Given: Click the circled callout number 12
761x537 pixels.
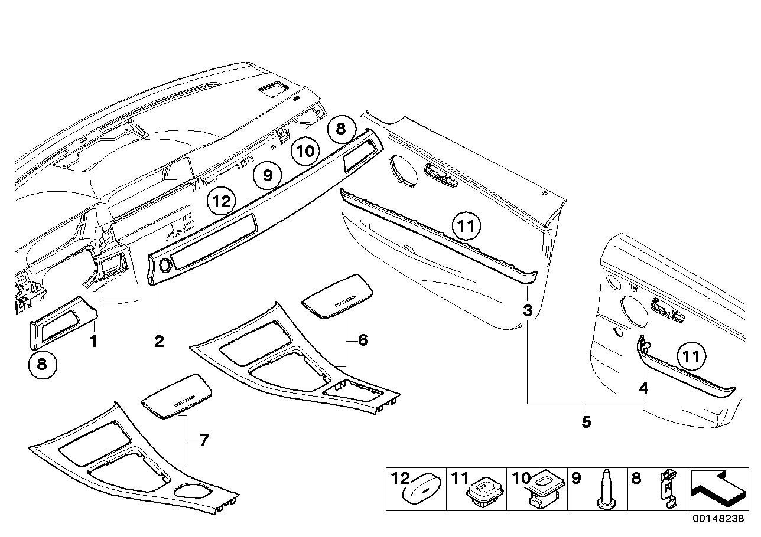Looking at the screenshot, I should (220, 202).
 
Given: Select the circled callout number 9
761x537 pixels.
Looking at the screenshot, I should (267, 175).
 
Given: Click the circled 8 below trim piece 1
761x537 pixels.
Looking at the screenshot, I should (41, 364).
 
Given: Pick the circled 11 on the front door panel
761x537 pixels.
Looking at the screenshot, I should (467, 225).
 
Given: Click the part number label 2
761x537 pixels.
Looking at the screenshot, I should (159, 341).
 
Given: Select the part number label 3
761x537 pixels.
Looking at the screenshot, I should (528, 310).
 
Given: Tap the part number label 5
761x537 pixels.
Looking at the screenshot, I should (586, 423).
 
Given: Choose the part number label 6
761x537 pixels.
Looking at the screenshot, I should (362, 340).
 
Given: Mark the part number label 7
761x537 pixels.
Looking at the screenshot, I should (204, 440).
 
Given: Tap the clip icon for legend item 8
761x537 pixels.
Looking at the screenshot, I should (668, 489).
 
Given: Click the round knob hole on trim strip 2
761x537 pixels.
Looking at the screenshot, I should (164, 266).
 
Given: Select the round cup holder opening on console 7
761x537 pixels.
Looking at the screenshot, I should (194, 490).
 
